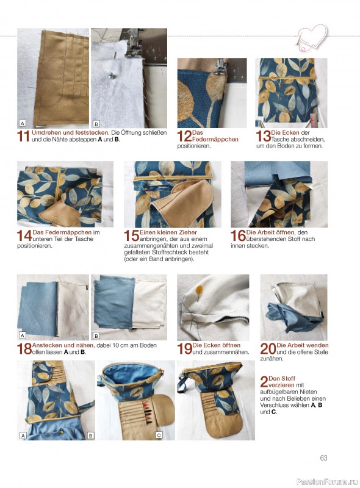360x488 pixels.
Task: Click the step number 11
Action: tap(24, 136)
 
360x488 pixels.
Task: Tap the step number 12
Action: tap(184, 136)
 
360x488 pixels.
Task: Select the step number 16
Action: tap(238, 235)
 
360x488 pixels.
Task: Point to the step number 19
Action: tap(185, 348)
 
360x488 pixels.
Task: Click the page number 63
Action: tap(323, 458)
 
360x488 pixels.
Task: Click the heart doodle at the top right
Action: tap(312, 37)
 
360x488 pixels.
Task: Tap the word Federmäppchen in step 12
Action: tap(215, 140)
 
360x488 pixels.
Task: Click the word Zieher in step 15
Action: tap(187, 232)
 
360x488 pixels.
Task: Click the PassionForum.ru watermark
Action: tap(327, 481)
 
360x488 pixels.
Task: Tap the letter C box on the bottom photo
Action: tap(159, 436)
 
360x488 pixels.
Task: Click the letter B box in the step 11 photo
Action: tap(96, 124)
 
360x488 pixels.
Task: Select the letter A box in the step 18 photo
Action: tap(23, 335)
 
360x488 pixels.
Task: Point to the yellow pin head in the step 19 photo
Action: tap(198, 290)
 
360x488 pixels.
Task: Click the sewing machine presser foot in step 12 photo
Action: tap(220, 66)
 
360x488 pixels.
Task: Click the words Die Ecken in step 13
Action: tap(285, 132)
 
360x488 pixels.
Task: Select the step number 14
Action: tap(24, 235)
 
